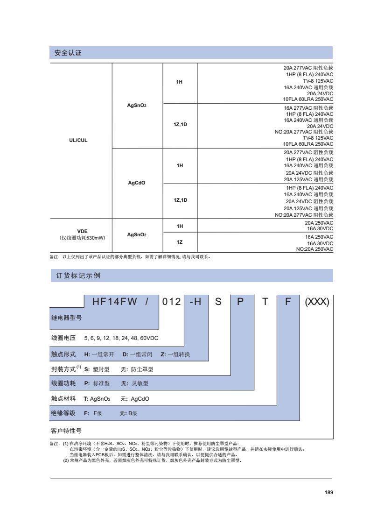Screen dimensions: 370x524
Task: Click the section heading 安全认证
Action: [x=68, y=53]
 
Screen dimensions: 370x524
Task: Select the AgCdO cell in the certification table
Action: [x=137, y=183]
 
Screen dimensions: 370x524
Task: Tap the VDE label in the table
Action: [x=82, y=231]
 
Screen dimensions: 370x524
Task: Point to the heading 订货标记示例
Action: [x=75, y=276]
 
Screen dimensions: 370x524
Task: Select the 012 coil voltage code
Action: [x=171, y=302]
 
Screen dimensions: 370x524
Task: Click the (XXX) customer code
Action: [x=317, y=302]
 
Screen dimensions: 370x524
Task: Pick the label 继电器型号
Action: [x=66, y=319]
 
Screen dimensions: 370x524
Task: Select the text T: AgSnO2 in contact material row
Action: [x=97, y=399]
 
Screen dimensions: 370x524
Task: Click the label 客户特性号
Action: [x=66, y=430]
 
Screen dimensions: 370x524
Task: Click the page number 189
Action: [x=328, y=492]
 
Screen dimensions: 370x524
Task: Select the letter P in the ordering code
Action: [x=241, y=302]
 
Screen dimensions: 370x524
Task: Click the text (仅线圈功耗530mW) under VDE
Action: [x=82, y=238]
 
